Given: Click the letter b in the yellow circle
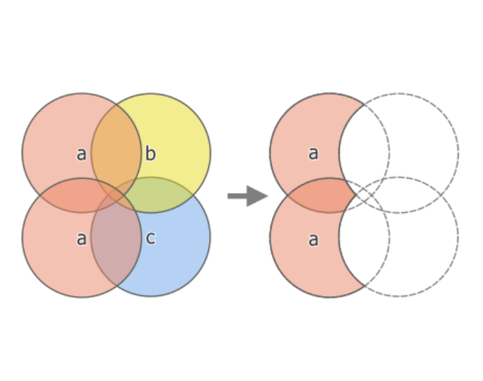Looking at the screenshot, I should coord(150,154).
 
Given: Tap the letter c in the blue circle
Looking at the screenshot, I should coord(150,238).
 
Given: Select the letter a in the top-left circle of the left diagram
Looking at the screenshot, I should coord(81,154).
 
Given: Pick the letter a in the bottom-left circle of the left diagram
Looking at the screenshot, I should coord(81,239).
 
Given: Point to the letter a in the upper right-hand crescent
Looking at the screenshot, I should coord(313,153).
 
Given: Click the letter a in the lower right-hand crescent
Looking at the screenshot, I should coord(313,240).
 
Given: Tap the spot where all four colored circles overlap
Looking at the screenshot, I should coord(116,195).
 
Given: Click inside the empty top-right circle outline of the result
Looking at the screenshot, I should coord(421,140).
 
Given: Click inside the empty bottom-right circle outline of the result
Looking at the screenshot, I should coord(421,252).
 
